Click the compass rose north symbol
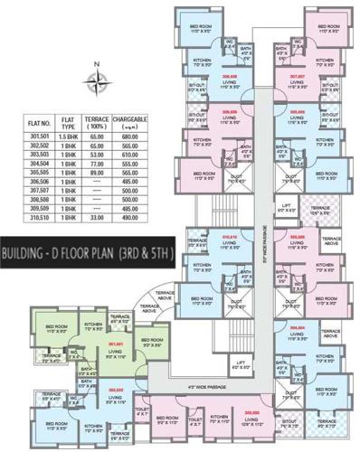(x=95, y=82)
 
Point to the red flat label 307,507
(x=297, y=77)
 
